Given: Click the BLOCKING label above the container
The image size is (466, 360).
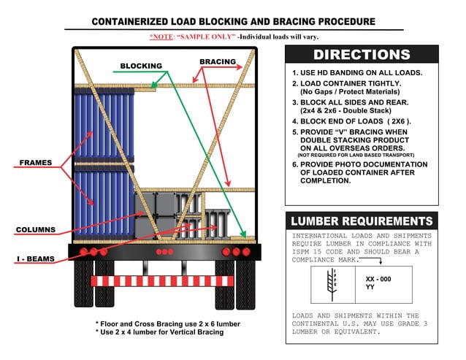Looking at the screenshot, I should pyautogui.click(x=141, y=66).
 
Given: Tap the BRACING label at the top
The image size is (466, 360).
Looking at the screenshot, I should pyautogui.click(x=218, y=61).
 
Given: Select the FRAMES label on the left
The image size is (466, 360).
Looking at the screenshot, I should pyautogui.click(x=34, y=163).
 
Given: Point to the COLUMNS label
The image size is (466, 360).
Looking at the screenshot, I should pyautogui.click(x=36, y=230).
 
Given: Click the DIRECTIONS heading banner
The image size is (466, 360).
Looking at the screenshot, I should pyautogui.click(x=362, y=55).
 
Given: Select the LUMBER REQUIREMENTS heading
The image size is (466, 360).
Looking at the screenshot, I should pyautogui.click(x=362, y=221).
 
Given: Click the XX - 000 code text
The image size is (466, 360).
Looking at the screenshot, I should pyautogui.click(x=378, y=279).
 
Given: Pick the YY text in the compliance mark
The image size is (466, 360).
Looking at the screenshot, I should pyautogui.click(x=370, y=288).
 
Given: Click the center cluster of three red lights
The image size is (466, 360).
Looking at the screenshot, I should pyautogui.click(x=165, y=252).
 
